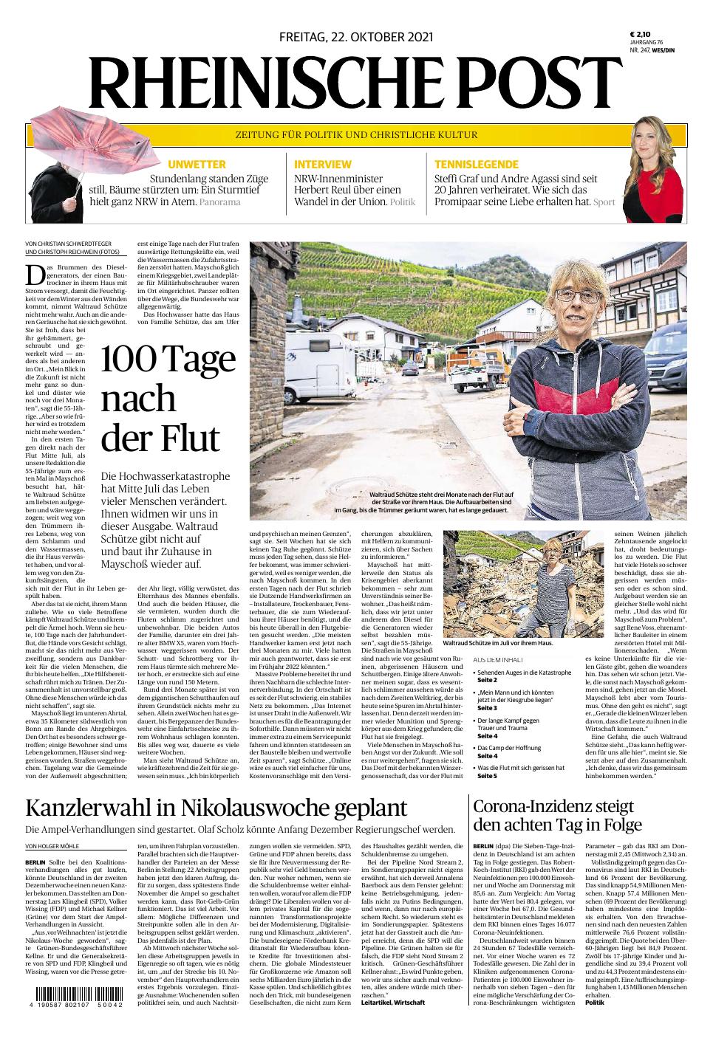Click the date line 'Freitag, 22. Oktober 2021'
pyautogui.click(x=356, y=37)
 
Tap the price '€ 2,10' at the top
pyautogui.click(x=639, y=34)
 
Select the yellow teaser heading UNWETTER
pyautogui.click(x=196, y=164)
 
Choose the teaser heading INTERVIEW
pyautogui.click(x=322, y=164)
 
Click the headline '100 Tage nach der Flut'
pyautogui.click(x=167, y=399)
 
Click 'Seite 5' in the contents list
pyautogui.click(x=487, y=776)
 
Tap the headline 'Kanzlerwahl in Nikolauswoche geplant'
pyautogui.click(x=216, y=808)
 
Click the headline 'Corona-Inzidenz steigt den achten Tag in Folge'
pyautogui.click(x=558, y=815)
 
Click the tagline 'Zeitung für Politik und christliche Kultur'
pyautogui.click(x=356, y=135)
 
